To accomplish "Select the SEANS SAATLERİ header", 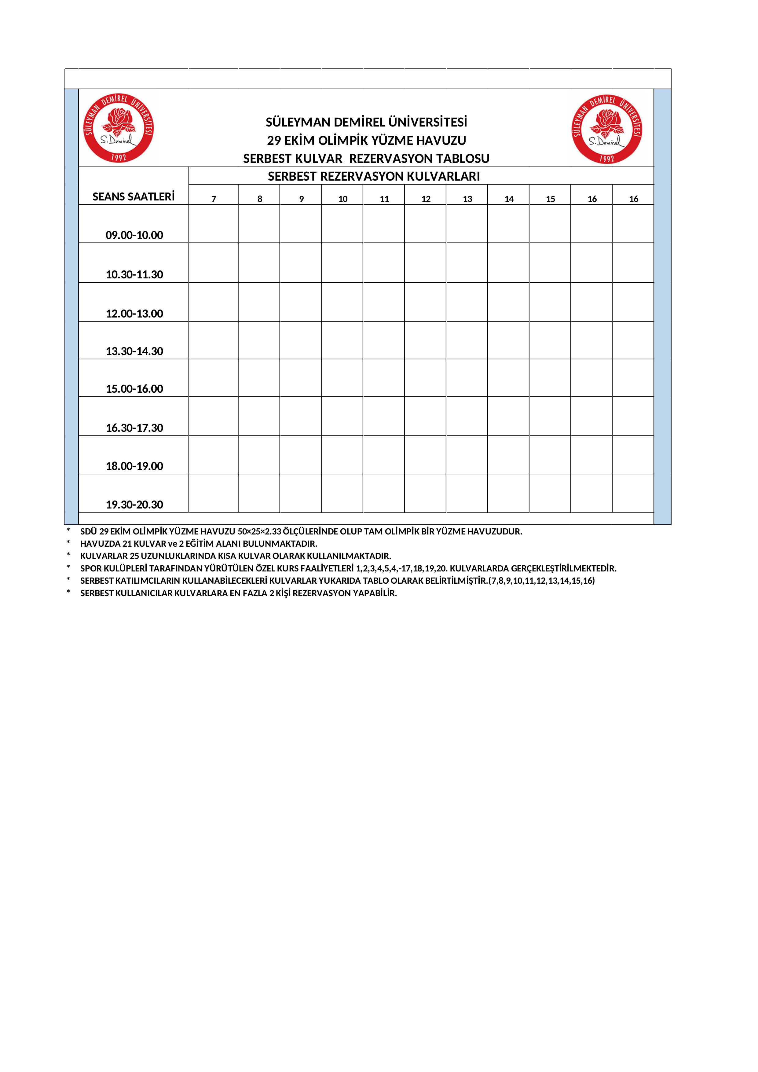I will pos(134,196).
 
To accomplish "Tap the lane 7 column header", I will pos(214,199).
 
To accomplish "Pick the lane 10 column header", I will pos(342,199).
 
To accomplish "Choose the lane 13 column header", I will pos(467,199).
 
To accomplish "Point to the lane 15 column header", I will pos(550,199).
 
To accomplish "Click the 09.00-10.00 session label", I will pos(134,235).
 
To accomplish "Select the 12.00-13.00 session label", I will pos(134,313).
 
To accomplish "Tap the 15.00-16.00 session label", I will pos(134,388).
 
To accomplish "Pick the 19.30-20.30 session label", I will pos(134,504).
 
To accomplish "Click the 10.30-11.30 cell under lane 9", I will pos(301,262).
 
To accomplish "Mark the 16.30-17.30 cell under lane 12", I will pos(425,416).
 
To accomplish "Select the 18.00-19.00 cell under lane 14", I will pos(508,455).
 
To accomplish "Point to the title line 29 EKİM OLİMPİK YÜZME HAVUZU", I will pos(366,140).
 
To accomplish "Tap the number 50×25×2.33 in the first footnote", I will pos(259,531).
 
